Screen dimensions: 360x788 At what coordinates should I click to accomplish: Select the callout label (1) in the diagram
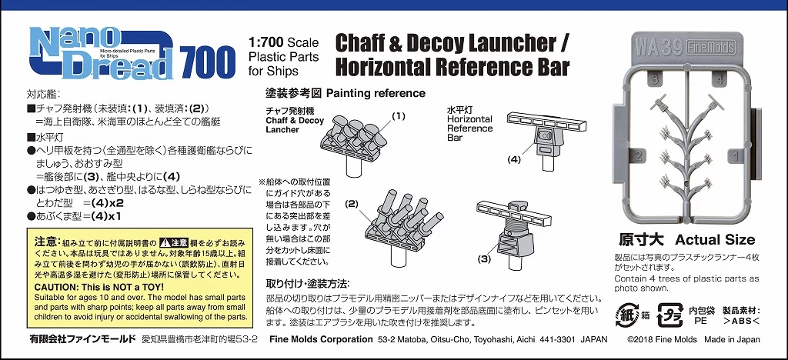coord(398,116)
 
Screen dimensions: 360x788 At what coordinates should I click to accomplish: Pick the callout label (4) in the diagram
coord(513,160)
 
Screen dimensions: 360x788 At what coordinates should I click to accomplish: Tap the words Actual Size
coord(715,239)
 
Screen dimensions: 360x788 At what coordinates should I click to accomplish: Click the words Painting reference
coord(376,94)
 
